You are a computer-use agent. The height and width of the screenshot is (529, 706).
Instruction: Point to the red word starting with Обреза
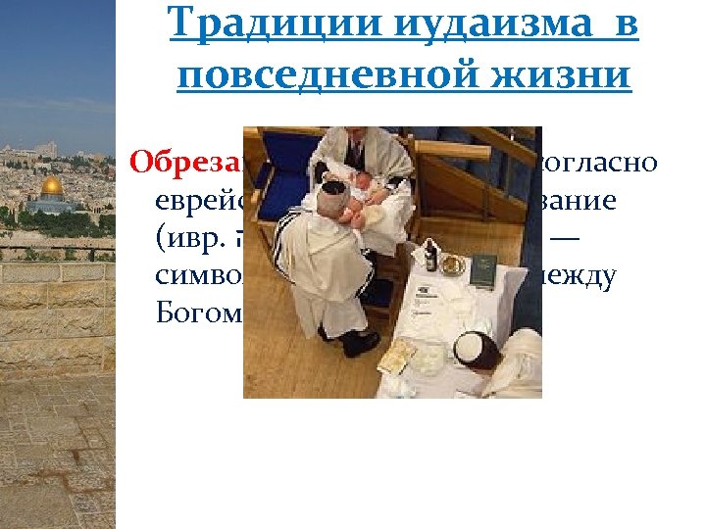pyautogui.click(x=186, y=162)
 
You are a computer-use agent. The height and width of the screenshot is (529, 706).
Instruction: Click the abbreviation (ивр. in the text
pyautogui.click(x=192, y=239)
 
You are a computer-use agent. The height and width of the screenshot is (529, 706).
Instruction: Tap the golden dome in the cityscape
pyautogui.click(x=51, y=185)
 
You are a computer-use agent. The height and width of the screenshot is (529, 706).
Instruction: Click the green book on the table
pyautogui.click(x=482, y=271)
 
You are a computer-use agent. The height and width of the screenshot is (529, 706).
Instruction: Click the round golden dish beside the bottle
pyautogui.click(x=452, y=264)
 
